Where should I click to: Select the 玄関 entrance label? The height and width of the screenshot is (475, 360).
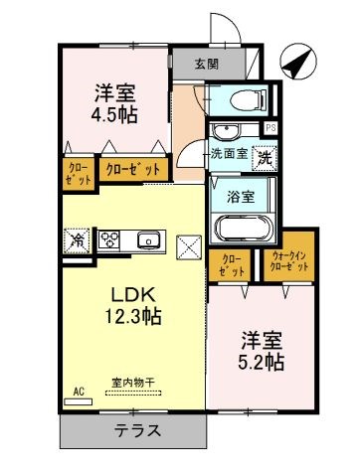(x=207, y=64)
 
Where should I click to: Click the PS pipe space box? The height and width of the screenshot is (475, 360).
(x=270, y=128)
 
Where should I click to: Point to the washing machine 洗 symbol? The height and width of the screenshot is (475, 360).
(x=265, y=159)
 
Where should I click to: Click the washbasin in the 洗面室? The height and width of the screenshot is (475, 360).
(x=225, y=131)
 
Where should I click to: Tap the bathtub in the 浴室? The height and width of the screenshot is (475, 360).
(x=244, y=228)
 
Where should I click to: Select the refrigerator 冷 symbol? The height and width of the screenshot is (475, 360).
(x=77, y=240)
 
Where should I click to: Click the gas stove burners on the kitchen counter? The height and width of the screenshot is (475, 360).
(x=109, y=239)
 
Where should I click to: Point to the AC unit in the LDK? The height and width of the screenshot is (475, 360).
(x=78, y=401)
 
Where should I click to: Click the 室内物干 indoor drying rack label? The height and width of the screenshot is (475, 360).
(x=133, y=383)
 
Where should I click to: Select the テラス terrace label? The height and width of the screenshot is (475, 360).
(x=137, y=430)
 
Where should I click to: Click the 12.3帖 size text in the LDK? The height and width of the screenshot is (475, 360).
(x=133, y=316)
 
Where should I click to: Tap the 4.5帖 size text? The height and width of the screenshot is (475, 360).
(x=114, y=114)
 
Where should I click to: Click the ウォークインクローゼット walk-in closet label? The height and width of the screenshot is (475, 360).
(x=289, y=261)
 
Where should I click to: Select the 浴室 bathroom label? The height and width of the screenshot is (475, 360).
(x=241, y=197)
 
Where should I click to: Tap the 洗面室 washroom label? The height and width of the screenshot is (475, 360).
(x=230, y=154)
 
